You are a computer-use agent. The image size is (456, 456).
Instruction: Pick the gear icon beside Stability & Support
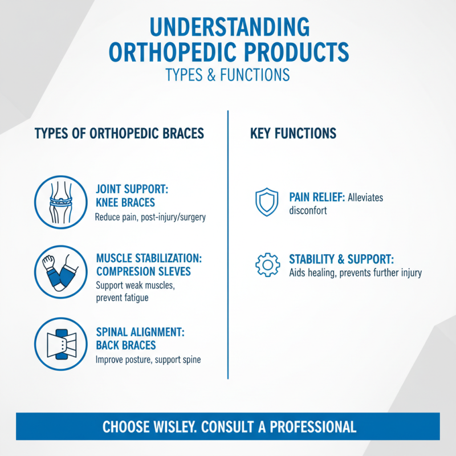click(267, 264)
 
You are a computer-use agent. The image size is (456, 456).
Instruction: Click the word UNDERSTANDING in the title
click(227, 28)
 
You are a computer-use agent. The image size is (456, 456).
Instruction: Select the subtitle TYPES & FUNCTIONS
click(227, 75)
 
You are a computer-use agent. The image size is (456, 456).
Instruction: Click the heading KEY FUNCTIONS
click(293, 134)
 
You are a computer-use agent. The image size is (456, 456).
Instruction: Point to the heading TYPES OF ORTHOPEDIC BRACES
click(119, 134)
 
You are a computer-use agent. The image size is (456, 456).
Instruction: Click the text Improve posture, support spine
click(148, 360)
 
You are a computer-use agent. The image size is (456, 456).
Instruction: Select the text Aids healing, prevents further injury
click(355, 273)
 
